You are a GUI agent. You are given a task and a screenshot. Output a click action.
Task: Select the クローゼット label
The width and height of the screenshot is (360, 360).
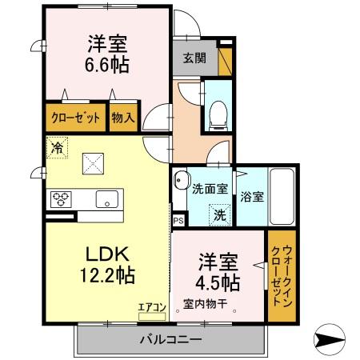click(76, 118)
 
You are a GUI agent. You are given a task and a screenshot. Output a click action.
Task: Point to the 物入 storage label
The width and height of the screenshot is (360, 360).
click(122, 118)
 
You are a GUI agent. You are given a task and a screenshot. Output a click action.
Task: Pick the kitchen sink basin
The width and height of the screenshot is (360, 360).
click(106, 198)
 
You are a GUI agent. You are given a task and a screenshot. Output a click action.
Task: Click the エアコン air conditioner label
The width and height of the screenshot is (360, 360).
click(151, 306)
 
